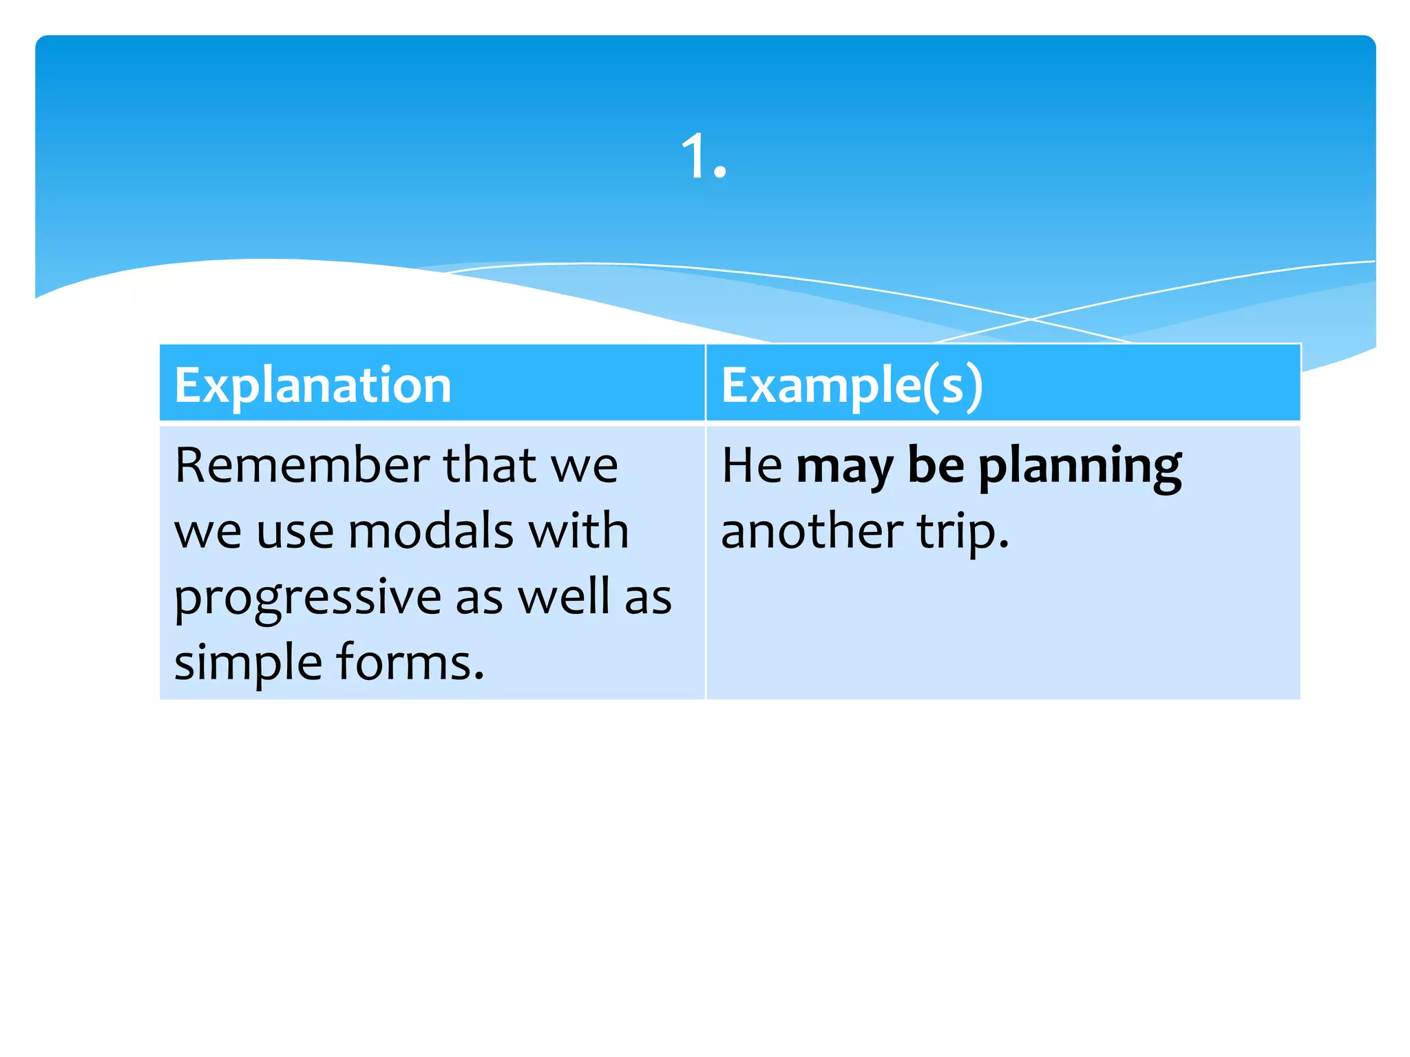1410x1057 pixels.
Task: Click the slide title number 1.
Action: point(702,157)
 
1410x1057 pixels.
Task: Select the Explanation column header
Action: point(313,385)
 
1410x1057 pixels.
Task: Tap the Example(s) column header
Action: point(852,386)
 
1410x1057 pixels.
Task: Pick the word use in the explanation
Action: point(295,532)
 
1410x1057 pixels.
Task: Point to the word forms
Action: point(410,662)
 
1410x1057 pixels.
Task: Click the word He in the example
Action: point(751,465)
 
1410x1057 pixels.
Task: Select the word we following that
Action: point(585,467)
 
